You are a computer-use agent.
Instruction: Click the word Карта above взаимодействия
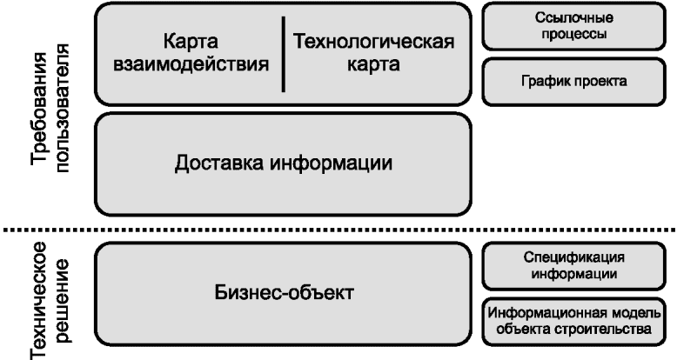click(x=191, y=43)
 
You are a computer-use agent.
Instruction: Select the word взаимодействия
click(x=191, y=64)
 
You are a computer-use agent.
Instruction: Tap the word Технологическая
click(x=374, y=42)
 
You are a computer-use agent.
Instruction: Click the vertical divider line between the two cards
click(x=283, y=55)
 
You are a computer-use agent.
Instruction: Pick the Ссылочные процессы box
click(x=573, y=26)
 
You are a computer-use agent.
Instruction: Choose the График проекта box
click(x=573, y=82)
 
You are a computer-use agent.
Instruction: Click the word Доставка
click(x=220, y=163)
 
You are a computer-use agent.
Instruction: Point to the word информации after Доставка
click(x=332, y=163)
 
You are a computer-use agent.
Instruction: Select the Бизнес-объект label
click(x=284, y=293)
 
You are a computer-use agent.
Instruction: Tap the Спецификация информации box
click(x=573, y=266)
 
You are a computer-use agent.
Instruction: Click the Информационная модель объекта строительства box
click(x=573, y=322)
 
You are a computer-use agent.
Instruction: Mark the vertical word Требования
click(x=41, y=109)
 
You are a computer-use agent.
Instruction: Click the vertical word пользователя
click(x=61, y=108)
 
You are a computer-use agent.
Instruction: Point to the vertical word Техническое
click(x=40, y=301)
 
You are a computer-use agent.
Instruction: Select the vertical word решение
click(x=61, y=301)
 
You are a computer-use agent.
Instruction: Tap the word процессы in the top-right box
click(x=573, y=34)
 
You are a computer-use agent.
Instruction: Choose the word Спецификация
click(x=573, y=257)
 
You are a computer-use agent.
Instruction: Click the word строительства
click(x=603, y=329)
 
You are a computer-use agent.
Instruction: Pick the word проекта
click(x=600, y=81)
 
